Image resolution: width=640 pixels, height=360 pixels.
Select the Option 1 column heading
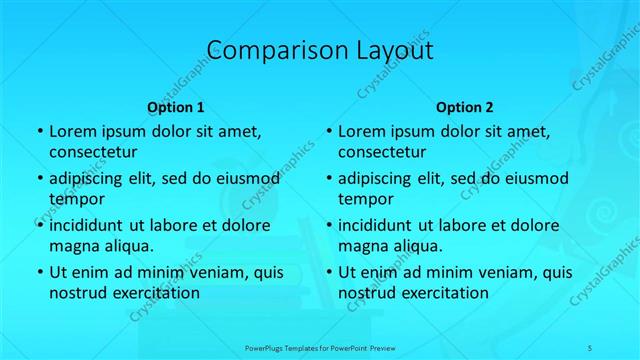point(176,107)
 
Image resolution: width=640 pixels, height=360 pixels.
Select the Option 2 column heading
point(465,107)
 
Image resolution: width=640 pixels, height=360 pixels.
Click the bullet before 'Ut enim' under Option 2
point(328,272)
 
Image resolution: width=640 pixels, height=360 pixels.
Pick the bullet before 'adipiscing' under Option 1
point(39,179)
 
